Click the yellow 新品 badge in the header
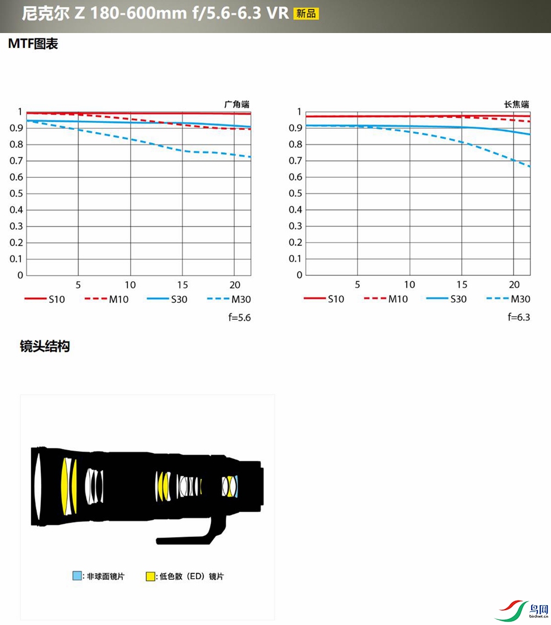[x=306, y=14]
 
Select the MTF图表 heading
[x=33, y=44]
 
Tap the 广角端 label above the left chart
[x=236, y=104]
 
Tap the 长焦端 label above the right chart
[x=516, y=104]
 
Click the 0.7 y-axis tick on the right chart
[x=296, y=161]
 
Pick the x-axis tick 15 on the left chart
[x=182, y=285]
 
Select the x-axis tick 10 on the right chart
[x=409, y=285]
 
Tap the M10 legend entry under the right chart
[x=386, y=299]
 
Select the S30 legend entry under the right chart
[x=446, y=299]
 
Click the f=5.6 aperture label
[x=240, y=318]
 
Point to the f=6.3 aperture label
[x=519, y=318]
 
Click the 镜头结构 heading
[x=45, y=346]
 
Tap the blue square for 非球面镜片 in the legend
[x=77, y=577]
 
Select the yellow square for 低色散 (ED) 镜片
[x=150, y=577]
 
